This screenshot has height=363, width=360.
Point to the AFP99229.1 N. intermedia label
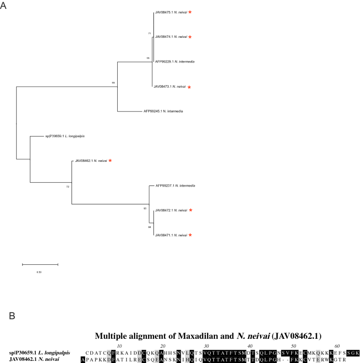[174, 61]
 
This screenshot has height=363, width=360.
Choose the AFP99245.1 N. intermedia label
[163, 111]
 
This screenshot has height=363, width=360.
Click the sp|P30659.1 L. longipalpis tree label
[65, 136]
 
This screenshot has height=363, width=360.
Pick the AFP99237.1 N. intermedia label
[175, 185]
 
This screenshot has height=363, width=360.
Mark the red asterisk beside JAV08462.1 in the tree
[110, 160]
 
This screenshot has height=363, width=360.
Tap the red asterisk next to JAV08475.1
[190, 12]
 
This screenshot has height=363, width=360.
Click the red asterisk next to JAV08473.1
[189, 87]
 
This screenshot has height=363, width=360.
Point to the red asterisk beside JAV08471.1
[190, 235]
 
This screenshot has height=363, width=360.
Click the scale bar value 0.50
[39, 272]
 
